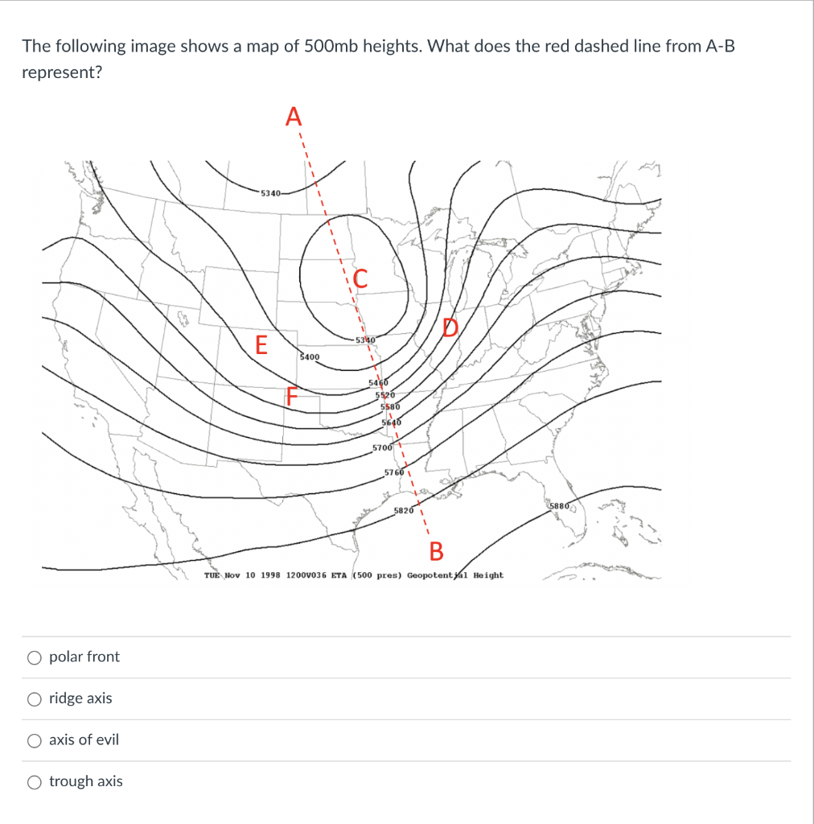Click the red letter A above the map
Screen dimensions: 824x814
[x=294, y=117]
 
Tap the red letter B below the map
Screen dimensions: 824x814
[x=436, y=551]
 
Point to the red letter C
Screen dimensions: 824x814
[x=360, y=279]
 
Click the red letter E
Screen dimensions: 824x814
[x=260, y=345]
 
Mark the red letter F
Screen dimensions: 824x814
[x=294, y=398]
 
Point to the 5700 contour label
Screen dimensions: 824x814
[x=383, y=447]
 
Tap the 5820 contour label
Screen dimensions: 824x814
[x=404, y=510]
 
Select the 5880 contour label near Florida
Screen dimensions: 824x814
[x=559, y=505]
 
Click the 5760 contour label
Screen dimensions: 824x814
[x=394, y=472]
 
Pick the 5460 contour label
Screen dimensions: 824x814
[x=378, y=383]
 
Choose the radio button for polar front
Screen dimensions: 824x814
[x=35, y=657]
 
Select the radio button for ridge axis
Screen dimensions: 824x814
[x=35, y=698]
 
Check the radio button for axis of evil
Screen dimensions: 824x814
[x=35, y=740]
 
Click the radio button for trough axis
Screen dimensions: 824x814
[x=35, y=781]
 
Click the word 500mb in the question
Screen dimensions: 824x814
[x=332, y=46]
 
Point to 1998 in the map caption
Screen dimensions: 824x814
[x=269, y=575]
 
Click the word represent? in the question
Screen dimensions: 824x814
[x=61, y=72]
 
